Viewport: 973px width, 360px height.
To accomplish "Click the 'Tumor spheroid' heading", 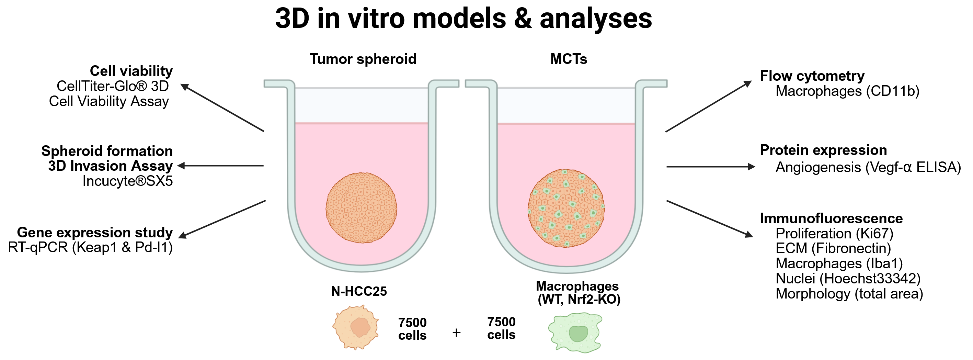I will [x=363, y=59].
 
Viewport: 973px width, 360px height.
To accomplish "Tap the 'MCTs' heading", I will [x=569, y=59].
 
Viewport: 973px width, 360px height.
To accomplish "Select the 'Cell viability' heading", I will [x=131, y=71].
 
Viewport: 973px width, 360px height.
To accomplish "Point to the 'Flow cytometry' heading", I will [x=812, y=76].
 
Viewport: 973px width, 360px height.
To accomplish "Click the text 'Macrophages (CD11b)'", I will [x=847, y=91].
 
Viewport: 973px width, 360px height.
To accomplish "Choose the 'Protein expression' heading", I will [x=823, y=150].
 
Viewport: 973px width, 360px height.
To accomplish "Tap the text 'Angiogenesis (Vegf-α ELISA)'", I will [x=868, y=167].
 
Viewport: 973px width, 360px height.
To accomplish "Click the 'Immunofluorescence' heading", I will [x=831, y=218].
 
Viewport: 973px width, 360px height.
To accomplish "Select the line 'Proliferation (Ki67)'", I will [x=834, y=234].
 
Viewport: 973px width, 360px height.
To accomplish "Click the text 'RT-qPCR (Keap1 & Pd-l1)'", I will [x=90, y=247].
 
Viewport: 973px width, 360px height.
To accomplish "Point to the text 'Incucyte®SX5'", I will [x=128, y=181].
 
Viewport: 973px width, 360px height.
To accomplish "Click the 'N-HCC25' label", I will [x=359, y=291].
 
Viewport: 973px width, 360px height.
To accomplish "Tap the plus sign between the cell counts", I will [x=456, y=333].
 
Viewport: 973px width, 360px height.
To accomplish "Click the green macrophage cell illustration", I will [x=575, y=333].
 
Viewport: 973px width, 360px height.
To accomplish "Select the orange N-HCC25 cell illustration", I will [x=355, y=327].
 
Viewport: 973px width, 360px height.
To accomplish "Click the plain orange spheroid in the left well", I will [x=361, y=208].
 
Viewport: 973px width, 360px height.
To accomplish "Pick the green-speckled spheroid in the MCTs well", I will [x=566, y=208].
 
